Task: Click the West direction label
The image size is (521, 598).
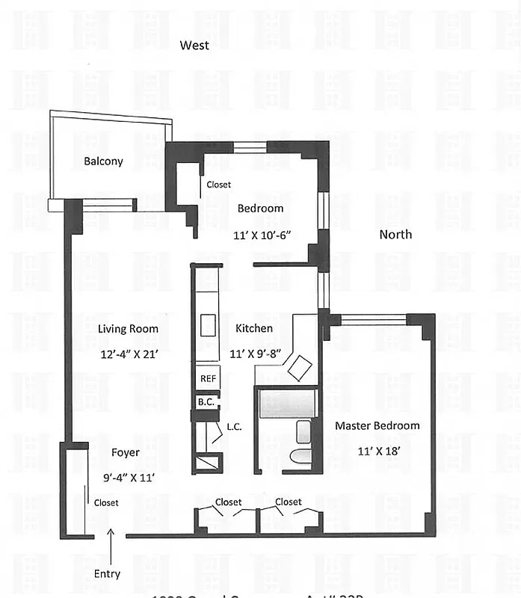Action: pyautogui.click(x=194, y=46)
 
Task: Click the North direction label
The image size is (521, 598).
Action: pyautogui.click(x=395, y=234)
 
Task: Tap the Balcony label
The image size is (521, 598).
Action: pyautogui.click(x=103, y=161)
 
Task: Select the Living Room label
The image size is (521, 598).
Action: pyautogui.click(x=128, y=328)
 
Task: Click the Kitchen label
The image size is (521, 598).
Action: pyautogui.click(x=254, y=328)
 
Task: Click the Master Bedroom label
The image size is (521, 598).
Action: pyautogui.click(x=377, y=425)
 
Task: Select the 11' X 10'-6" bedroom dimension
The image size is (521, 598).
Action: pyautogui.click(x=262, y=234)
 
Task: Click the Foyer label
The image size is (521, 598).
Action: pyautogui.click(x=126, y=452)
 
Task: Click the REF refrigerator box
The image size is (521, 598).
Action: pyautogui.click(x=208, y=379)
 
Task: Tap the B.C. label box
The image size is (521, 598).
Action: pyautogui.click(x=206, y=402)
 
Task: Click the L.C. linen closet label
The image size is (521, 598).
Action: pyautogui.click(x=232, y=428)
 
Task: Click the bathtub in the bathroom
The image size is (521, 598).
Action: pyautogui.click(x=288, y=404)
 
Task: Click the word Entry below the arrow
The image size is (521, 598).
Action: pyautogui.click(x=106, y=574)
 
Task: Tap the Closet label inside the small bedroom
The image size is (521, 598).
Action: pyautogui.click(x=219, y=185)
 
